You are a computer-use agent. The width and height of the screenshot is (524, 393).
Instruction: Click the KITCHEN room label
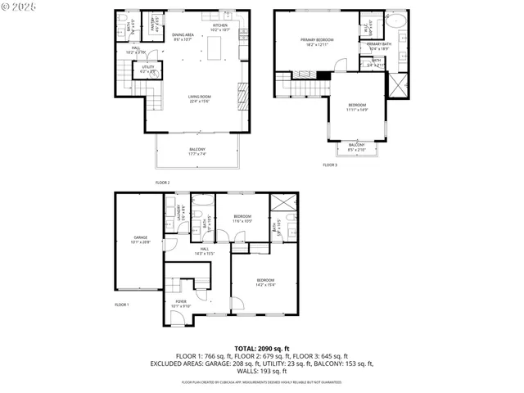220,27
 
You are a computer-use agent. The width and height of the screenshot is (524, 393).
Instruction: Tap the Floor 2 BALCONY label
196,151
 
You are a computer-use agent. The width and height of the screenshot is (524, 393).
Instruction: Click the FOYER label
179,304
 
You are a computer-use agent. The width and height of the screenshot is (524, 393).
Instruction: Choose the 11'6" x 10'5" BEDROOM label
242,219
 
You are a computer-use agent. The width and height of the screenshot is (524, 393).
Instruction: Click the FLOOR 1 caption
122,305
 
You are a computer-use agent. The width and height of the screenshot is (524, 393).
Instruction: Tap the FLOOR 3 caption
329,165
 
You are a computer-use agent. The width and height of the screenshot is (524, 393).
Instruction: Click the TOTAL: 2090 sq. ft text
261,349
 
